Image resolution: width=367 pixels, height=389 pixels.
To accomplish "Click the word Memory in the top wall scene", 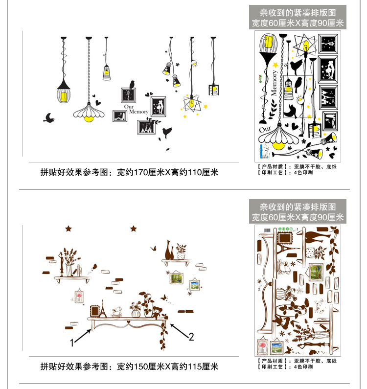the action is (138, 112).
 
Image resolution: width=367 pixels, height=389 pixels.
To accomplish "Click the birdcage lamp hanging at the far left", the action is (64, 91).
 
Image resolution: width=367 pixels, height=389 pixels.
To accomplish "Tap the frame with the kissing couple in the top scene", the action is (158, 106).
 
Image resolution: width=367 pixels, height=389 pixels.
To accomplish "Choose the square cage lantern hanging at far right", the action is (213, 89).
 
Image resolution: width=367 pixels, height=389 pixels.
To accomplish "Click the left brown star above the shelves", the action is (68, 228).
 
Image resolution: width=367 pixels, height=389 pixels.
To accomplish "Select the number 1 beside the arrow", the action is (71, 343).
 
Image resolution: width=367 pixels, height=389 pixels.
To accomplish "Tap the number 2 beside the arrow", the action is (191, 337).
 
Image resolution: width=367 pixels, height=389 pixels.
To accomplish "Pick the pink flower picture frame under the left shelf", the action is (79, 297).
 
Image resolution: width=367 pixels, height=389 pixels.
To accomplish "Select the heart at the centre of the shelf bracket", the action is (128, 323).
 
